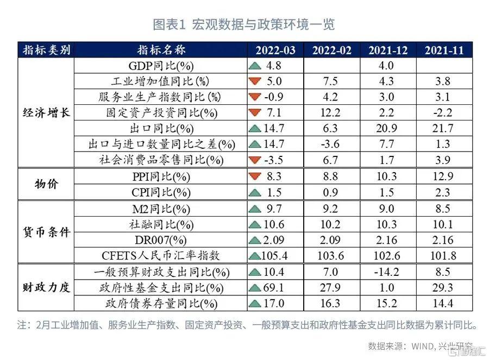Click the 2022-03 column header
pos(275,50)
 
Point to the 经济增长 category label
pos(47,113)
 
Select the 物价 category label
pos(47,185)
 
